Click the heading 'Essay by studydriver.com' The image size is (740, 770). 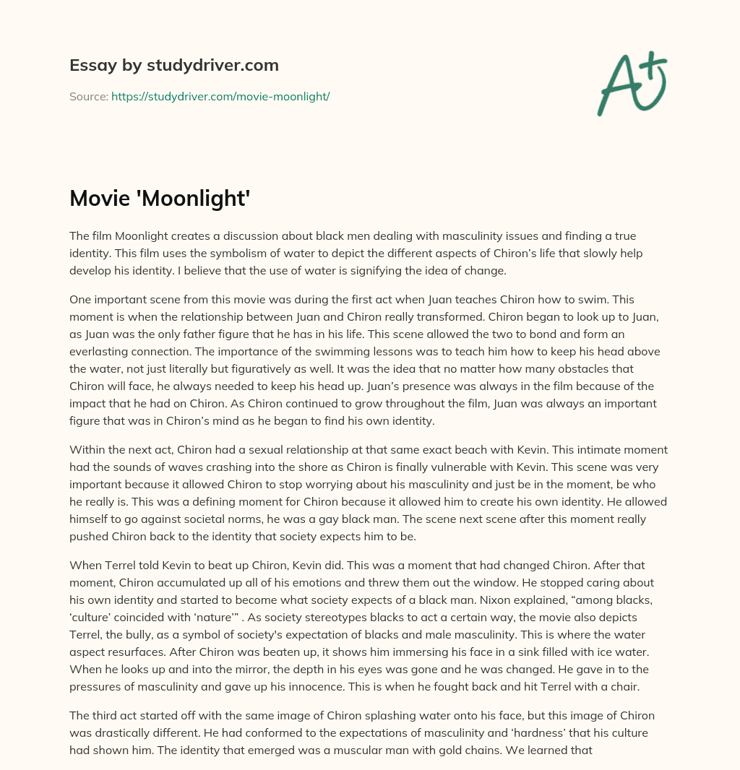click(x=174, y=65)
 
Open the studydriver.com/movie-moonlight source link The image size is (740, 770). click(x=220, y=96)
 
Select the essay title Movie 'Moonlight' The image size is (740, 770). click(x=160, y=199)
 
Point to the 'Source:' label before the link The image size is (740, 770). click(x=89, y=96)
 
